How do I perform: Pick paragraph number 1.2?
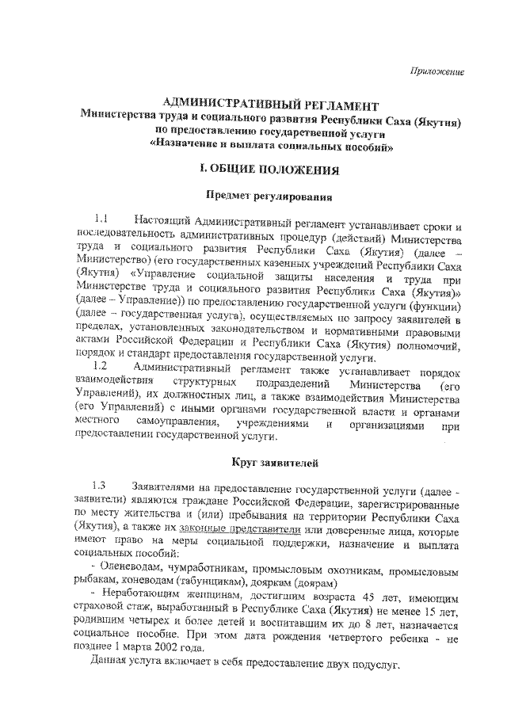[x=101, y=366]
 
